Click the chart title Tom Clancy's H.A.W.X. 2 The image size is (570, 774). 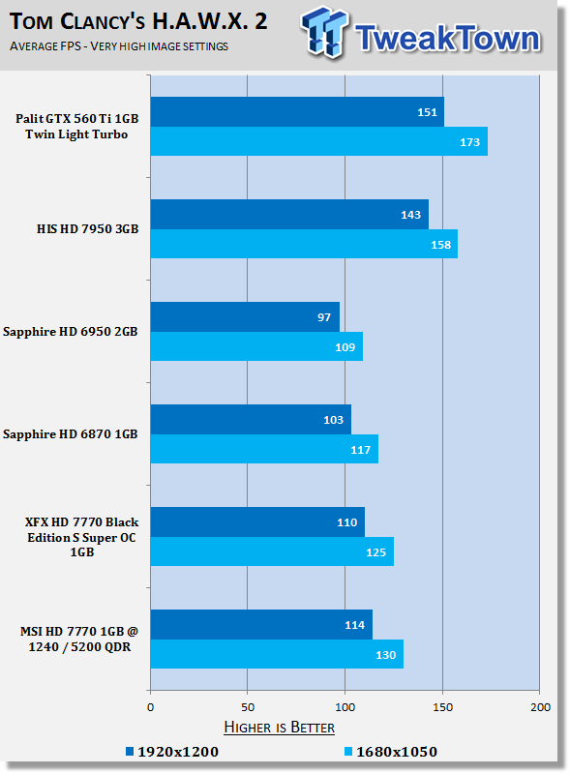click(x=138, y=21)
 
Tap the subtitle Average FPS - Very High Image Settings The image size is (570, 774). click(x=119, y=46)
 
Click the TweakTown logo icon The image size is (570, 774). click(x=323, y=33)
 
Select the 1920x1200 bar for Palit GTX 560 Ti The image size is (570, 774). click(x=297, y=112)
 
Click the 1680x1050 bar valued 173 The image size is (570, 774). click(x=319, y=141)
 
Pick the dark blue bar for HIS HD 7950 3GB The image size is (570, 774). click(x=289, y=214)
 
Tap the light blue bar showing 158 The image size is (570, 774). click(x=304, y=244)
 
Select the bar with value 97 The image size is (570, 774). click(x=245, y=317)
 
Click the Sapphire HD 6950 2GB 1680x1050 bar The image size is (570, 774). click(x=256, y=346)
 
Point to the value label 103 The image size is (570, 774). click(x=334, y=420)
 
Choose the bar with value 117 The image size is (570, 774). click(x=264, y=449)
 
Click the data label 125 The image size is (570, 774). click(x=375, y=552)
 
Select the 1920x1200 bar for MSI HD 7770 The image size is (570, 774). click(x=262, y=625)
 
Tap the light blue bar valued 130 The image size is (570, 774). click(x=277, y=654)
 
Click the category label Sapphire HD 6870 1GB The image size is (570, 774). click(x=70, y=434)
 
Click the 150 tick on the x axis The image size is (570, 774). click(x=442, y=707)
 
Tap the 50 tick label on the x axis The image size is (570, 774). click(x=248, y=707)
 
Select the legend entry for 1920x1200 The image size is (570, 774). click(x=172, y=752)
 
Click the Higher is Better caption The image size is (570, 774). click(x=279, y=728)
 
